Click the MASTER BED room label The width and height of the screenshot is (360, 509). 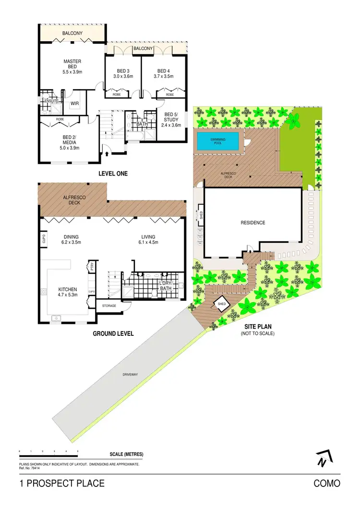[72, 64]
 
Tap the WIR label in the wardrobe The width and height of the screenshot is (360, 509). [75, 103]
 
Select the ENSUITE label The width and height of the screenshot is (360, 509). [51, 101]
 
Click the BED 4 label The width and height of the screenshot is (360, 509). [164, 70]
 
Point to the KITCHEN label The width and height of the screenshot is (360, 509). [68, 289]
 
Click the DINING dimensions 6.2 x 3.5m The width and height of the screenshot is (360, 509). [71, 242]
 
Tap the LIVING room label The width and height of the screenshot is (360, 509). [148, 237]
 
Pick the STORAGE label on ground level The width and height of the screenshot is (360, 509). [109, 305]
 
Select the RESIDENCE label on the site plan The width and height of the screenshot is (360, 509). [253, 223]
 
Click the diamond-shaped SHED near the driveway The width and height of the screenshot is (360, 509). [222, 304]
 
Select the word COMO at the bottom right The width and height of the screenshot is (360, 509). [327, 483]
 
